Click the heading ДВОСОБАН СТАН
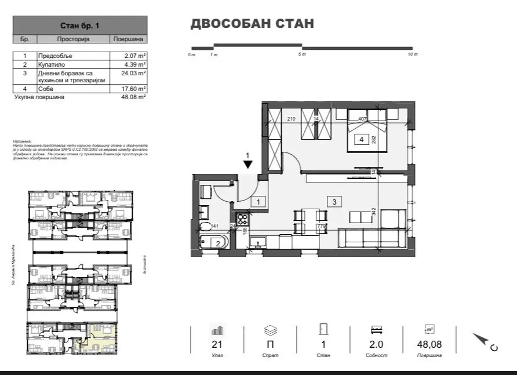pos(252,24)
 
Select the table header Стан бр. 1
pos(80,26)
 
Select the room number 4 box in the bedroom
pos(361,139)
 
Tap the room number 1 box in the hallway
pos(258,202)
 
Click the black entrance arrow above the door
pos(247,164)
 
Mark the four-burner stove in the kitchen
pos(242,220)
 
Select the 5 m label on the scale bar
pos(302,54)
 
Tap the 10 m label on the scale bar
pos(412,54)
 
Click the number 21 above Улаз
pos(217,344)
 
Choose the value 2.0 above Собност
pos(376,344)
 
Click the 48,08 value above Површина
pos(429,344)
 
